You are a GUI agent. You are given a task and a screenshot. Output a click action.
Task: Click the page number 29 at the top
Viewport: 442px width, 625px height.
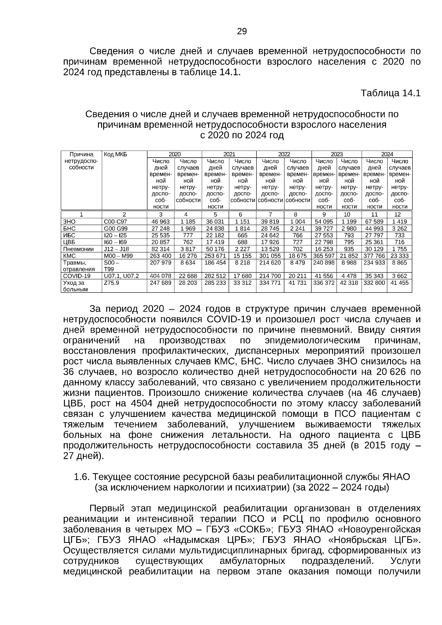coord(242,31)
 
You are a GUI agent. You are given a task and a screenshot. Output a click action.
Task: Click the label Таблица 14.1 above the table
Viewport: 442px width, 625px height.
coord(390,93)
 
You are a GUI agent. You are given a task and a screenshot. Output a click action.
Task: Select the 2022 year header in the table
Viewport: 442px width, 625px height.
coord(284,154)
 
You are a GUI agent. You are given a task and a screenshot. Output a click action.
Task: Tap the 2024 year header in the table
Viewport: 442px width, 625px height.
coord(387,154)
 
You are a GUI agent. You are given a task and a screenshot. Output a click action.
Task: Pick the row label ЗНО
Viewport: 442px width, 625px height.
coord(70,221)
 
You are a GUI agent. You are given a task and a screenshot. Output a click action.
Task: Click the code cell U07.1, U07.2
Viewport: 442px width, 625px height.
coord(122,276)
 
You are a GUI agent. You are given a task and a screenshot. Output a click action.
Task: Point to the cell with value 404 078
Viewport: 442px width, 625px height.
coord(161,276)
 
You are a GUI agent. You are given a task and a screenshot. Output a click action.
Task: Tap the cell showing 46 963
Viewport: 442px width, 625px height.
coord(161,221)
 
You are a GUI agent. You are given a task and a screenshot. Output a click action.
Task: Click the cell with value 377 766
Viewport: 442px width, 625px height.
coord(374,256)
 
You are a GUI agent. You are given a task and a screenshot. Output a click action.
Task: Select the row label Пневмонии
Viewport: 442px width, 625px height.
coord(79,249)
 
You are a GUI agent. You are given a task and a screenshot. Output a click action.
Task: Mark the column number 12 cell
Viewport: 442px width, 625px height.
coord(399,214)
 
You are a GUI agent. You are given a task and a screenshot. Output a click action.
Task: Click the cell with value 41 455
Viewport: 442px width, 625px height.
coord(399,283)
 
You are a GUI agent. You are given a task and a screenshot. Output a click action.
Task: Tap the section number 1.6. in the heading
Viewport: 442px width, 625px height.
coord(82,477)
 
